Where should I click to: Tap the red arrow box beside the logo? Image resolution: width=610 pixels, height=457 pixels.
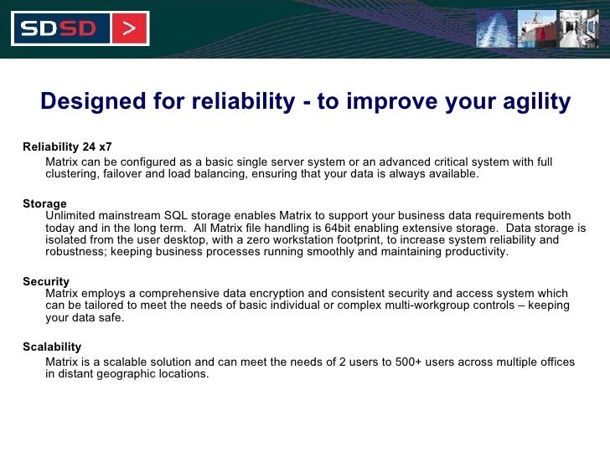point(127,28)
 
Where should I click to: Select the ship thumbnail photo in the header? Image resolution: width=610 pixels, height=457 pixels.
point(536,28)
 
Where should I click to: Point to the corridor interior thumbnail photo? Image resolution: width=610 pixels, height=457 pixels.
point(578,28)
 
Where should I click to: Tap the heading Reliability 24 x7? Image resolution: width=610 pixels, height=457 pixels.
point(67,146)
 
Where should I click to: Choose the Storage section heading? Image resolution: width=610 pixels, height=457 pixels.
point(44,203)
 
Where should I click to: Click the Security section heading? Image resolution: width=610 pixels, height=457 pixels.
point(46,282)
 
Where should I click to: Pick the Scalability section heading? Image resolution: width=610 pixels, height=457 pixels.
point(52,347)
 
